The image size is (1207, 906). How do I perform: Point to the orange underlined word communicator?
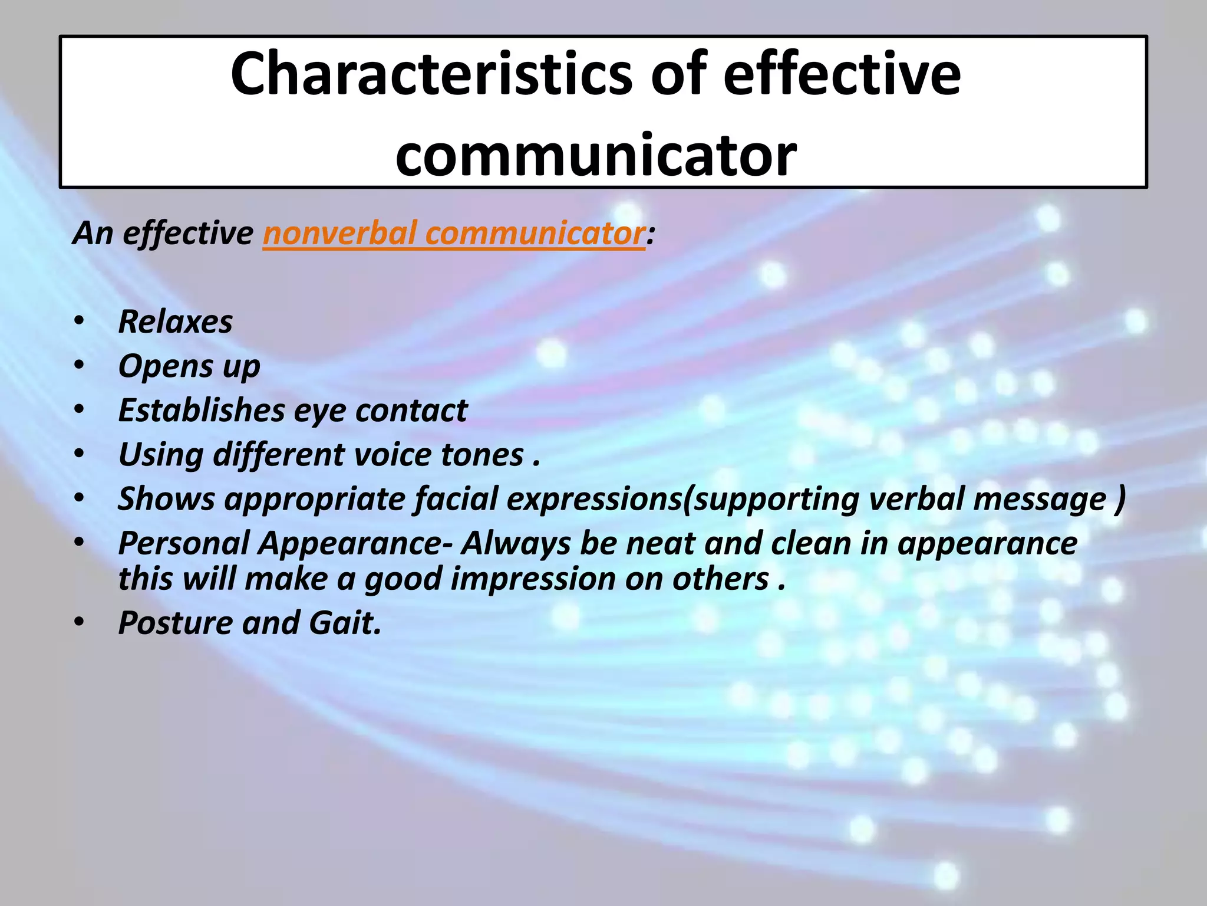click(x=534, y=234)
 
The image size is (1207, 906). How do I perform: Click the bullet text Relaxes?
click(x=175, y=322)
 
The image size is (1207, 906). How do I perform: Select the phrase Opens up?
click(x=189, y=367)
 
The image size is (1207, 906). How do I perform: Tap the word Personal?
click(x=184, y=543)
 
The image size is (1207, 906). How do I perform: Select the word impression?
click(x=533, y=579)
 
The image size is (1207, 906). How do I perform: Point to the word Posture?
click(x=175, y=623)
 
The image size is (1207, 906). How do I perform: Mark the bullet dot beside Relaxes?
click(x=79, y=322)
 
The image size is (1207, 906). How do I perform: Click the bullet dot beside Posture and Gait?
click(x=79, y=623)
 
